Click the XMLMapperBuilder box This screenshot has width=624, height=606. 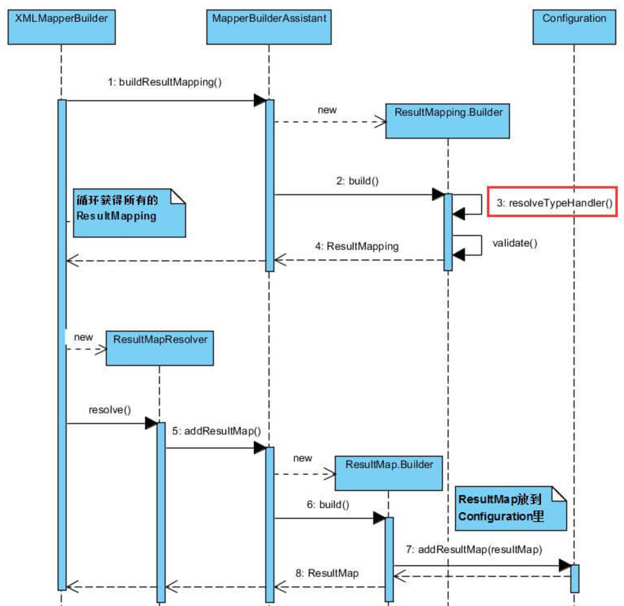click(x=61, y=27)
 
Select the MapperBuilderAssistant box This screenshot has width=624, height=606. click(x=269, y=27)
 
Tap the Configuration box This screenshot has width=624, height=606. click(x=574, y=27)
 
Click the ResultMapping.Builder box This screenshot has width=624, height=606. click(x=447, y=121)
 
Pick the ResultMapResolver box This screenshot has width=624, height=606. click(x=160, y=348)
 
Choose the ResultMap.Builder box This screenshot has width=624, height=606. click(x=389, y=473)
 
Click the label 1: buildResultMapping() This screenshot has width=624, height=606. click(x=165, y=82)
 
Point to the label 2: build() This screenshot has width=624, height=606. click(x=357, y=181)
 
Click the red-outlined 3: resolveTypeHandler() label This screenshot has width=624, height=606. click(x=552, y=202)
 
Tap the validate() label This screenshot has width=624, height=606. click(x=515, y=243)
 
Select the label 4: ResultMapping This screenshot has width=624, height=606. click(x=357, y=246)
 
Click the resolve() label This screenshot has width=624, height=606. click(x=110, y=410)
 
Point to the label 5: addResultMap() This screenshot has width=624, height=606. click(x=217, y=431)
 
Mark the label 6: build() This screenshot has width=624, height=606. click(x=328, y=504)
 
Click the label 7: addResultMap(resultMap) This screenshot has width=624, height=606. click(x=474, y=549)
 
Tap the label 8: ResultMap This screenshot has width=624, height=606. click(x=327, y=573)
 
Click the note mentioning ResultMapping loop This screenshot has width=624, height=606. click(x=129, y=213)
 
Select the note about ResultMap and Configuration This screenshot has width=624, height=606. click(x=510, y=508)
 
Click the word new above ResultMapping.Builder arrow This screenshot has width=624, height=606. click(x=327, y=110)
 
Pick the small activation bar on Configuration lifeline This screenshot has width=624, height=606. click(x=575, y=578)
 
